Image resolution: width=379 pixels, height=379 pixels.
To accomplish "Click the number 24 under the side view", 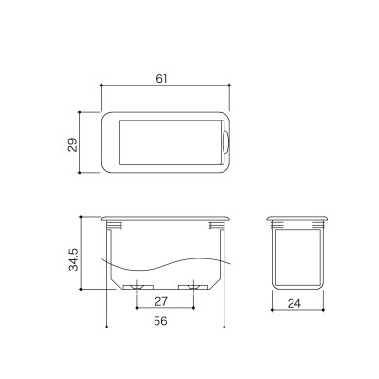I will pyautogui.click(x=296, y=303).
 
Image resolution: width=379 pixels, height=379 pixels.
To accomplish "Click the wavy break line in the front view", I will pyautogui.click(x=165, y=265).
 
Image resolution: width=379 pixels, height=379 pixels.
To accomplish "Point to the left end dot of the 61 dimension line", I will pyautogui.click(x=101, y=86).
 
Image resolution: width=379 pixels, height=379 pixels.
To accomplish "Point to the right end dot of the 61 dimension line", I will pyautogui.click(x=231, y=86).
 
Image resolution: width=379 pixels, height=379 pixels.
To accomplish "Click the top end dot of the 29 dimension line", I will pyautogui.click(x=79, y=112).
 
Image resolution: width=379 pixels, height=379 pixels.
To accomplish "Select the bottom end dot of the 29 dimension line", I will pyautogui.click(x=79, y=173).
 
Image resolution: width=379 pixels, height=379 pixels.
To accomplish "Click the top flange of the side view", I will pyautogui.click(x=296, y=216).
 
